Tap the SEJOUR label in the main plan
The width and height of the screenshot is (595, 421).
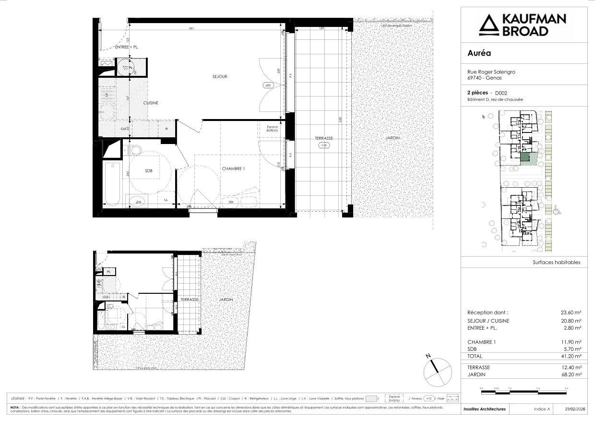(x=220, y=76)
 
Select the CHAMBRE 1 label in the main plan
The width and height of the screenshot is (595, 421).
(x=233, y=168)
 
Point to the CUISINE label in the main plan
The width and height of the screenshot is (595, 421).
(x=151, y=103)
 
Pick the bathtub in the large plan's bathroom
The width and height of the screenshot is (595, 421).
(x=114, y=183)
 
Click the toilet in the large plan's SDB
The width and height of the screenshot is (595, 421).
(x=135, y=151)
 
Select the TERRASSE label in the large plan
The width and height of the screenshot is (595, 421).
(x=323, y=138)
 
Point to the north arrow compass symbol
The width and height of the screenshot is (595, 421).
(x=437, y=370)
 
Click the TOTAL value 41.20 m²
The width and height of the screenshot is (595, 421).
(x=572, y=356)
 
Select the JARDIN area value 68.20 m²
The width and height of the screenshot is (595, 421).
(x=572, y=374)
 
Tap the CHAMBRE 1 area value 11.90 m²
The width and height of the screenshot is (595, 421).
(x=572, y=342)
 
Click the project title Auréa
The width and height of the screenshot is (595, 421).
(x=479, y=53)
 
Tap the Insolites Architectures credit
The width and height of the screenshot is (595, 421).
(x=484, y=409)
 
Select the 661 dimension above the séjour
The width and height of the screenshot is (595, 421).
(x=191, y=28)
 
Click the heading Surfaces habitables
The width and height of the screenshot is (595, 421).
(x=556, y=263)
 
